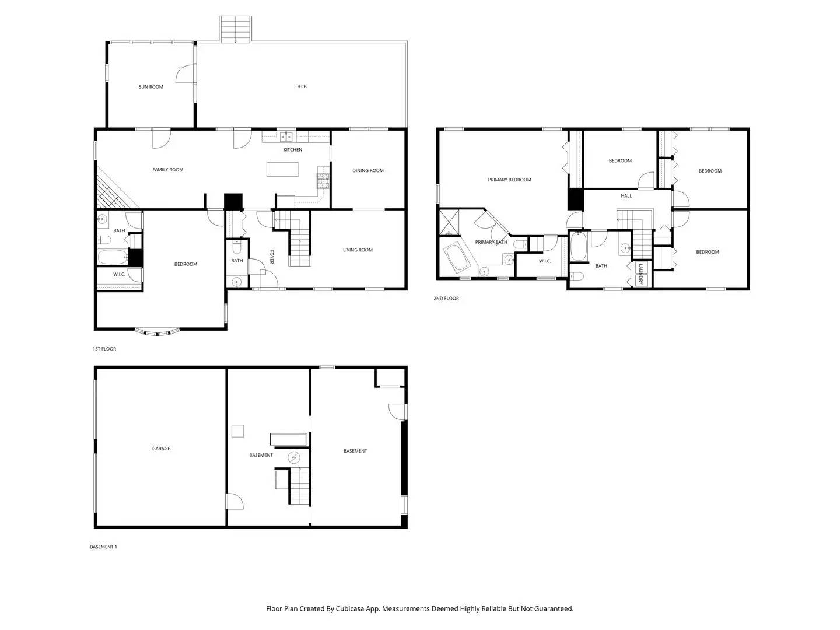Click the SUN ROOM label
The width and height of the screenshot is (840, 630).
[x=150, y=87]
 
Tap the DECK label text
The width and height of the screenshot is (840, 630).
[x=301, y=86]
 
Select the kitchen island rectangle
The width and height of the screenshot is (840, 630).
[x=282, y=169]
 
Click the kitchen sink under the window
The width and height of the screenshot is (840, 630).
[x=286, y=138]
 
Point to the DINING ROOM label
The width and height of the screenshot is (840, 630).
[x=368, y=171]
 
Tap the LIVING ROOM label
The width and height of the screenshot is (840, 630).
[x=358, y=250]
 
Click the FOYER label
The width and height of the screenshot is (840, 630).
[x=271, y=257]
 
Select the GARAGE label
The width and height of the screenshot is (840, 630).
[x=161, y=449]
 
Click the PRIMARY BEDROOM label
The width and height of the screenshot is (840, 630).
[x=509, y=180]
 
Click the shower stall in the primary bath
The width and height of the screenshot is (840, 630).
[x=449, y=222]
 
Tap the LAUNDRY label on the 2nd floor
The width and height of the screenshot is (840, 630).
[x=640, y=274]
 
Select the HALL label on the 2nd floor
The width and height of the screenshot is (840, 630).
[x=626, y=196]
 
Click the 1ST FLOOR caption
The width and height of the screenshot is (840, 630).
[x=104, y=349]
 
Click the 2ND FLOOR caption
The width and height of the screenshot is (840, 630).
[x=446, y=299]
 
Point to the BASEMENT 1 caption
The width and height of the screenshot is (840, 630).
[x=103, y=547]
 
